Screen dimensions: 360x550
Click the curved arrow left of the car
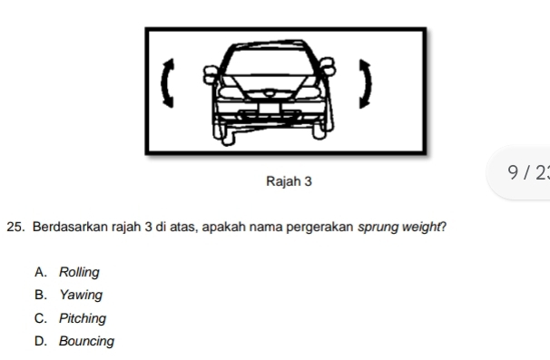165,83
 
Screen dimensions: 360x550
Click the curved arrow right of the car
367,83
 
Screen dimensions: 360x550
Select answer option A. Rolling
79,272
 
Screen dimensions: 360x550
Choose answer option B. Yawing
81,295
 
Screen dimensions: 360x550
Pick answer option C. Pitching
83,318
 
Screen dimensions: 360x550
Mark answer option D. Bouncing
86,342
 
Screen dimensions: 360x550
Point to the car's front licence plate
270,108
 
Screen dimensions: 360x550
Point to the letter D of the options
40,342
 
